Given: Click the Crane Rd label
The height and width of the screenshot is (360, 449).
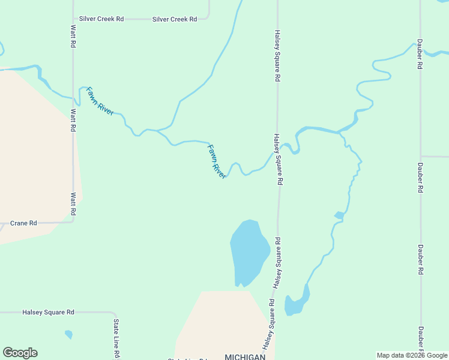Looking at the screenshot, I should (24, 223).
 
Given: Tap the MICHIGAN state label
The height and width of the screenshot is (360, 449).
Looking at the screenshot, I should (245, 357).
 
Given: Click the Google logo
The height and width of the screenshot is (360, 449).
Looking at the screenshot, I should (20, 353).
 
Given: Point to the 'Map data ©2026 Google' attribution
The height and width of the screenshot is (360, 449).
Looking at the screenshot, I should (412, 355).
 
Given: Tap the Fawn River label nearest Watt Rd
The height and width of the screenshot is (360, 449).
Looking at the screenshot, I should (100, 101).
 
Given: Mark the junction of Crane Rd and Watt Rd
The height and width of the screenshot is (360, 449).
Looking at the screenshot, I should (73, 221).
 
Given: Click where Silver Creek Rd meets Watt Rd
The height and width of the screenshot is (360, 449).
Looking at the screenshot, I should (73, 19).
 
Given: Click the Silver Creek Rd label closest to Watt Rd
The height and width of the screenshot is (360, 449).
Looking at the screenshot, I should (101, 19).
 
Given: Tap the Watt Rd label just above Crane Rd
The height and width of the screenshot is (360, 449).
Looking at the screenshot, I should (73, 204).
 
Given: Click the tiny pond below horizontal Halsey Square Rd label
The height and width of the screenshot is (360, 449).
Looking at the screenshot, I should (68, 334).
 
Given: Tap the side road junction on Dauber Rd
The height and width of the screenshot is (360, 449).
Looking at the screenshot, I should (420, 156).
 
